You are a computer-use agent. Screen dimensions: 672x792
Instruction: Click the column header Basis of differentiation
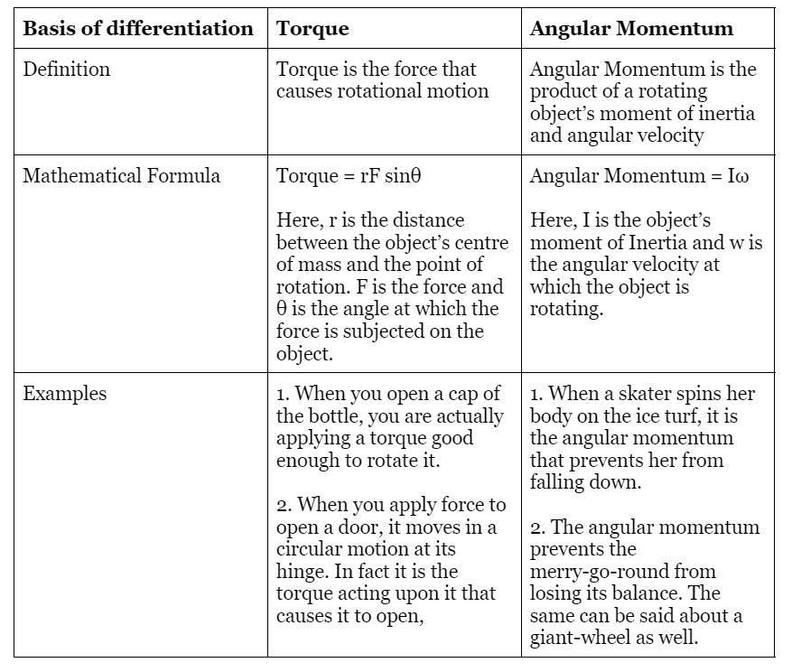pyautogui.click(x=137, y=28)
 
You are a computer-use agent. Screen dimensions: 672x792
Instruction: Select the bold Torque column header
pyautogui.click(x=312, y=28)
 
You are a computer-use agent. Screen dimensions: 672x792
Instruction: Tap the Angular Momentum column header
pyautogui.click(x=631, y=28)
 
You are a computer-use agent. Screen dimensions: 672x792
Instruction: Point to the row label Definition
pyautogui.click(x=66, y=70)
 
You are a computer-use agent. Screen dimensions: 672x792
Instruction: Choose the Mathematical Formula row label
pyautogui.click(x=121, y=175)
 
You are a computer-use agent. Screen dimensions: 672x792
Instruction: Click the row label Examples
pyautogui.click(x=64, y=394)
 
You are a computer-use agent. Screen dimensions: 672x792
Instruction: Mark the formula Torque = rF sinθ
pyautogui.click(x=349, y=175)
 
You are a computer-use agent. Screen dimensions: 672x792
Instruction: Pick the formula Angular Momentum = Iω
pyautogui.click(x=639, y=175)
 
